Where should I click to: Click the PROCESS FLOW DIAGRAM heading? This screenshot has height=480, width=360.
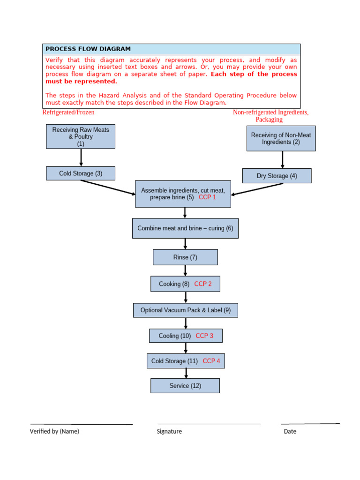click(x=88, y=49)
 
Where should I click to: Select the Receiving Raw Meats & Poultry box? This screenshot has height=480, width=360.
click(x=81, y=136)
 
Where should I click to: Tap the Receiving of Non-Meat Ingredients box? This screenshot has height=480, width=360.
click(x=281, y=138)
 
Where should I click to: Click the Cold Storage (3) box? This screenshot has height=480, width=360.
click(x=81, y=173)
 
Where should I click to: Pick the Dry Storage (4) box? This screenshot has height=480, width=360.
click(x=277, y=176)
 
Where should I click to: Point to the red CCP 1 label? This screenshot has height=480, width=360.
click(x=208, y=197)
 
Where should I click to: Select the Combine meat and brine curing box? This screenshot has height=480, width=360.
click(x=185, y=228)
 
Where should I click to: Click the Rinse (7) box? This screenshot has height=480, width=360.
click(x=185, y=257)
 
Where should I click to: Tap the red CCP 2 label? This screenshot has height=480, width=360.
click(x=203, y=284)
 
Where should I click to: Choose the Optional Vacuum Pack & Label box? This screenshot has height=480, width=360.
click(x=185, y=310)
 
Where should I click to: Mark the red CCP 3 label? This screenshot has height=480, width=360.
click(x=204, y=336)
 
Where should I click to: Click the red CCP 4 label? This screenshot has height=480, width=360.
click(x=211, y=361)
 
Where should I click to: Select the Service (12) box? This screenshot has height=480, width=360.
click(x=185, y=386)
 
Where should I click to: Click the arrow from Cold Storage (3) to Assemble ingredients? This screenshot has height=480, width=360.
click(x=108, y=187)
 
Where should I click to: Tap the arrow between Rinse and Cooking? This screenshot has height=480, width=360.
click(x=186, y=270)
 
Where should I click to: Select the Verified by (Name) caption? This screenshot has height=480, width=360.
click(x=54, y=431)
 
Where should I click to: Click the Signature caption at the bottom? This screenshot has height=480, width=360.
click(x=169, y=431)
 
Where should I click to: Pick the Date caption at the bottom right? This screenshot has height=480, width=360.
click(x=290, y=431)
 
